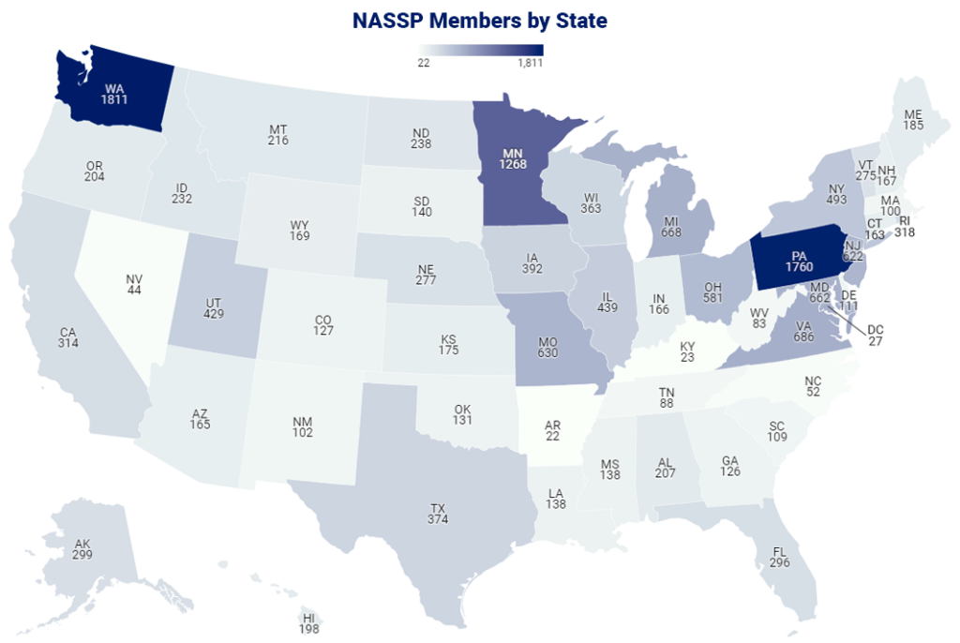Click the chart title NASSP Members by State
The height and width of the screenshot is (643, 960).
click(479, 20)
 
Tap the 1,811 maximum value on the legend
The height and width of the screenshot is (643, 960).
click(530, 64)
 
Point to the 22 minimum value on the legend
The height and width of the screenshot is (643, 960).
click(424, 64)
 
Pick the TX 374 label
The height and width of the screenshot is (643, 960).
click(437, 514)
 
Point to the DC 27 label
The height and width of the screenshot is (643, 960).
click(875, 335)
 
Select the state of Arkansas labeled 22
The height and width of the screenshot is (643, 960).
click(553, 428)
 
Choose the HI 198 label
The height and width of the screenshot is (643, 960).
click(308, 622)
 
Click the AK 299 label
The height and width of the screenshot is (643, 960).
click(82, 548)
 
